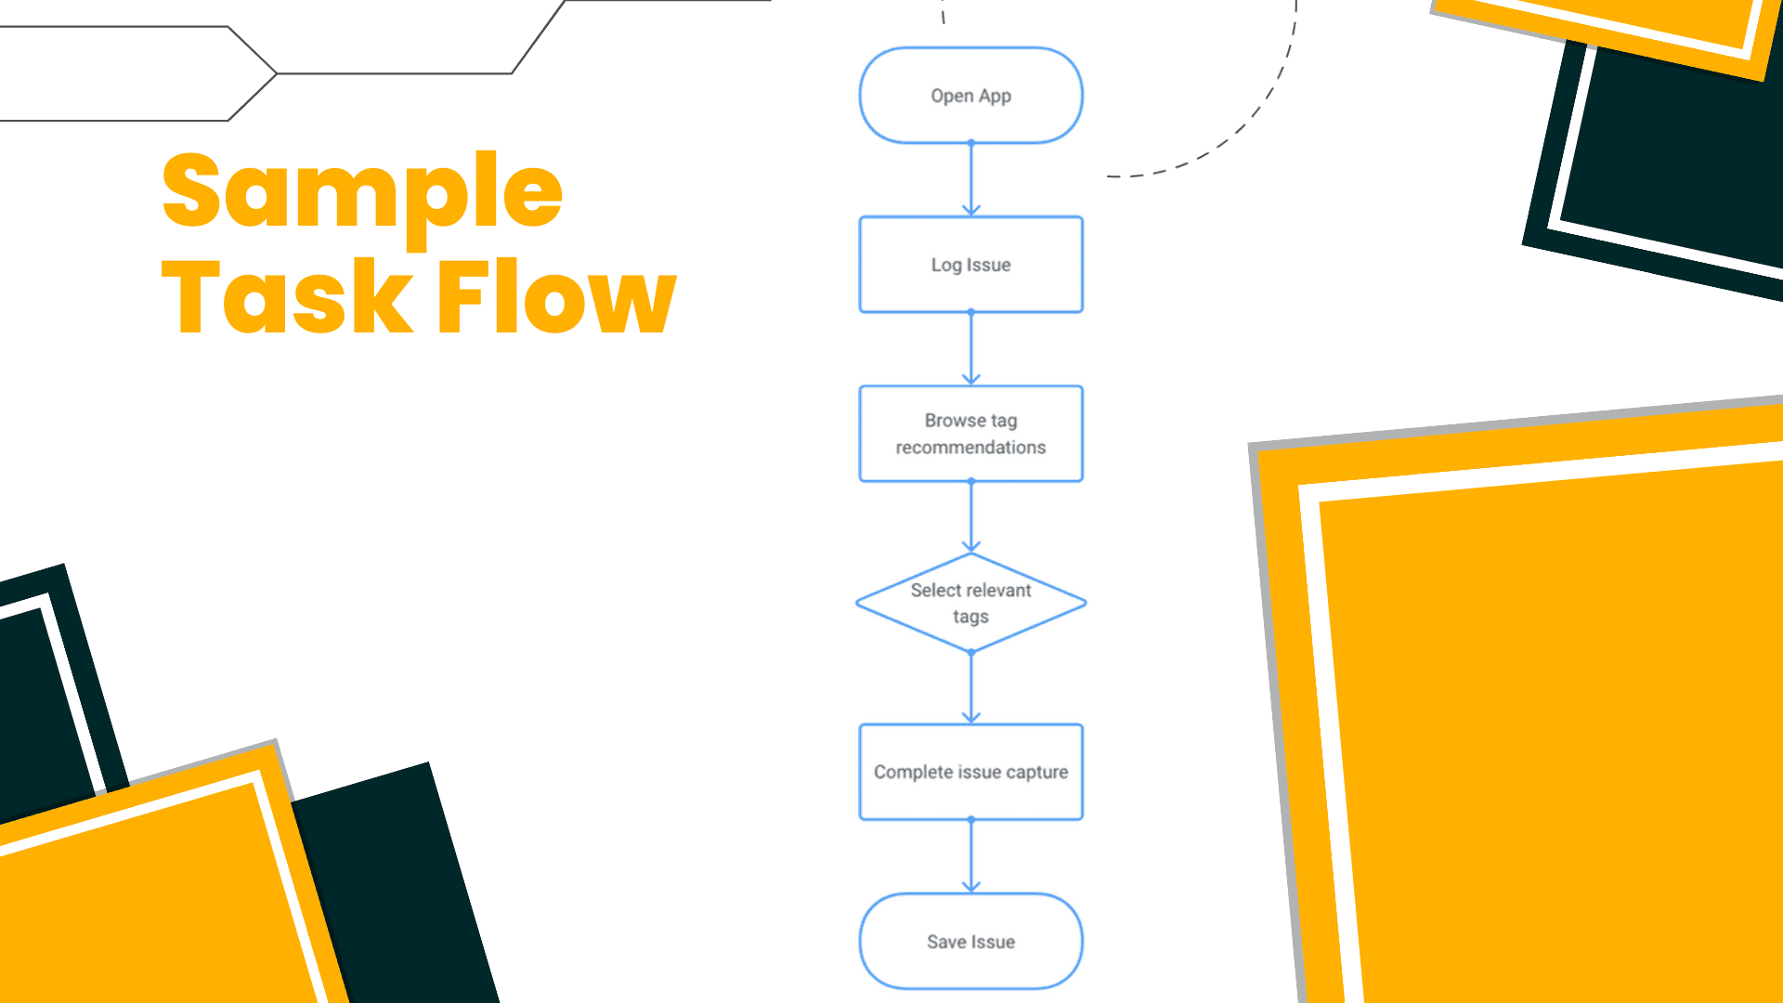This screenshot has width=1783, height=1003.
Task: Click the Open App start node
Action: (x=970, y=96)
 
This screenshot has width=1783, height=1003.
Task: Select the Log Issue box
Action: (x=970, y=265)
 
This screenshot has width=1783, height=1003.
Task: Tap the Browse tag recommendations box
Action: (x=970, y=434)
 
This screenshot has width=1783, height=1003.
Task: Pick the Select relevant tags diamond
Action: (x=970, y=603)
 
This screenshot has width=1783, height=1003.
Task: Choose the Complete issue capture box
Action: (x=970, y=772)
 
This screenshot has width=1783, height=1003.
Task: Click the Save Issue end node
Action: (x=970, y=941)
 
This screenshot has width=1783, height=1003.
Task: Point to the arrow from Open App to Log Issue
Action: (x=971, y=180)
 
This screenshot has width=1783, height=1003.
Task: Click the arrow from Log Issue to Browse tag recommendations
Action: (x=971, y=349)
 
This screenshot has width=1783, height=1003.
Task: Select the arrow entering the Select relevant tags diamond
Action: (x=971, y=517)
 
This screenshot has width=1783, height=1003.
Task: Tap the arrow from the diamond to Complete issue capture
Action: (x=971, y=688)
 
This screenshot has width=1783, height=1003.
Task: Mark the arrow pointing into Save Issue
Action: (x=971, y=856)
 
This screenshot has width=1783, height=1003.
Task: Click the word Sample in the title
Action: (x=362, y=192)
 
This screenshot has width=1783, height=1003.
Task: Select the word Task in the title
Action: (x=287, y=297)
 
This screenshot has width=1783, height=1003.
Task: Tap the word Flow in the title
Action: (x=556, y=297)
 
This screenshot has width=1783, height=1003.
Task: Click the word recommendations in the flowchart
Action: (x=970, y=448)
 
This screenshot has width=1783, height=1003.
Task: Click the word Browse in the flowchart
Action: (x=955, y=421)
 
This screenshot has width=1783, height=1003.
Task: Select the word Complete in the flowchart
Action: (x=913, y=773)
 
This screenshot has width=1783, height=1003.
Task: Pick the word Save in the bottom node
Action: (x=946, y=942)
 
